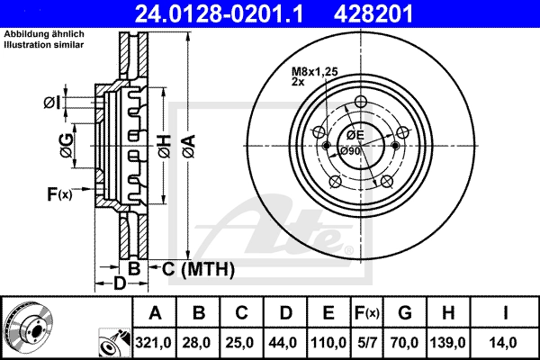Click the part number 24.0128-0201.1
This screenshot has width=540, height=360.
tap(219, 13)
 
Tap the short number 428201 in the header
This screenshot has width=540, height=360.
tap(373, 13)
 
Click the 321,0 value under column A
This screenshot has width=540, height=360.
tap(154, 343)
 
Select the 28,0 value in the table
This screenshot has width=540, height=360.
tap(197, 343)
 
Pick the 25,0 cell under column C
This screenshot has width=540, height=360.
tap(240, 343)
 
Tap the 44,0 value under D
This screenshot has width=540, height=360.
tap(283, 343)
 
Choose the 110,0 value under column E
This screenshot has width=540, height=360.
tap(328, 343)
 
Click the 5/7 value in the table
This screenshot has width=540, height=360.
tap(366, 343)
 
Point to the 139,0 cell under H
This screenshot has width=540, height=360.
tap(448, 343)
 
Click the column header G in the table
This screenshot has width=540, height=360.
tap(405, 313)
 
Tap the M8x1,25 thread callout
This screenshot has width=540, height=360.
tap(315, 72)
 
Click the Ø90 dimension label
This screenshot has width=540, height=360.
tap(350, 151)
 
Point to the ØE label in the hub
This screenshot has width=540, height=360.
tap(355, 135)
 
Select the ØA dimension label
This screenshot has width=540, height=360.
tap(189, 147)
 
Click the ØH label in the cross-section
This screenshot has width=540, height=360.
tap(165, 147)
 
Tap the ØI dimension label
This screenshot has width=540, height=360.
tap(52, 103)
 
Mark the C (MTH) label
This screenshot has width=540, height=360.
tap(198, 269)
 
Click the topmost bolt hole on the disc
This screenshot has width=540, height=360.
tap(361, 102)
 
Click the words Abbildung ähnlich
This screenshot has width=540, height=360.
tap(44, 34)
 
